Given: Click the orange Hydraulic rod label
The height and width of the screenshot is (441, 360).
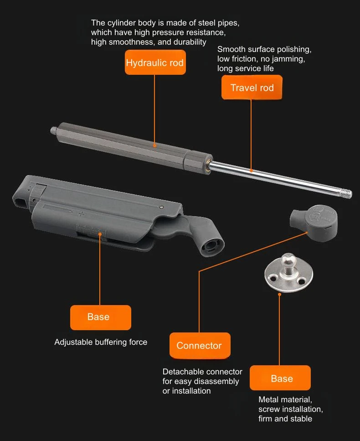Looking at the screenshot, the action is (154, 62).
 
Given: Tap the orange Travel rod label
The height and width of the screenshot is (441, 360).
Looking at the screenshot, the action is (252, 88).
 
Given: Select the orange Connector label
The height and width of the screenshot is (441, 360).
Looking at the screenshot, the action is (199, 345).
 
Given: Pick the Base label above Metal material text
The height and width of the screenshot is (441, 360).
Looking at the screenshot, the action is (280, 378).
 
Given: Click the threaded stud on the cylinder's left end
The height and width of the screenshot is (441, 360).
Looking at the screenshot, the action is (55, 131).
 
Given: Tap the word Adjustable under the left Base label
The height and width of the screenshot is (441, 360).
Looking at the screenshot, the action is (73, 342).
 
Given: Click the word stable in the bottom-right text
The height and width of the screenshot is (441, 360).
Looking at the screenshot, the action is (300, 419).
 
